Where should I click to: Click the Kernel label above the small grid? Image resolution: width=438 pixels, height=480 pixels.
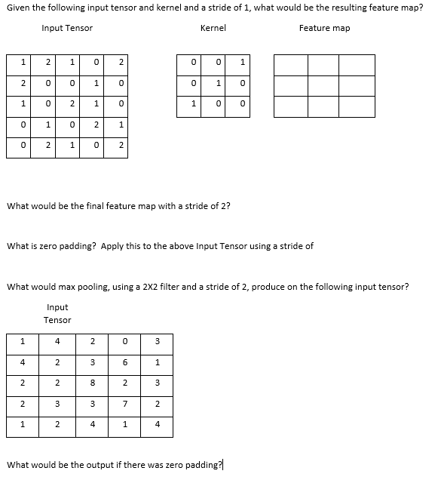point(213,28)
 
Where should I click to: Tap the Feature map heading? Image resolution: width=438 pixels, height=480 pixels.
point(324,28)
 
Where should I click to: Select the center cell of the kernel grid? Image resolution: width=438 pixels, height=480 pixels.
point(217,83)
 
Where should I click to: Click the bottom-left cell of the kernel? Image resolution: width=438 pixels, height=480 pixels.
point(193,104)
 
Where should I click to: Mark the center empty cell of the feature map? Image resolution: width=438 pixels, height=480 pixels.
point(324,86)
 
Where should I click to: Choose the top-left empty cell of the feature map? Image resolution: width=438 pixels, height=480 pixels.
point(290,65)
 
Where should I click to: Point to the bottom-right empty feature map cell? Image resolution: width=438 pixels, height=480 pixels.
point(358,106)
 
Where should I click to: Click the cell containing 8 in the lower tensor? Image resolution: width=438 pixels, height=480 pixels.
point(91,383)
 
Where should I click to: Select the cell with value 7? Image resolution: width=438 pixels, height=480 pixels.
point(124,404)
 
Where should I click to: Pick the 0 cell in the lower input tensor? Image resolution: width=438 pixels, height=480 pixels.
point(124,342)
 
